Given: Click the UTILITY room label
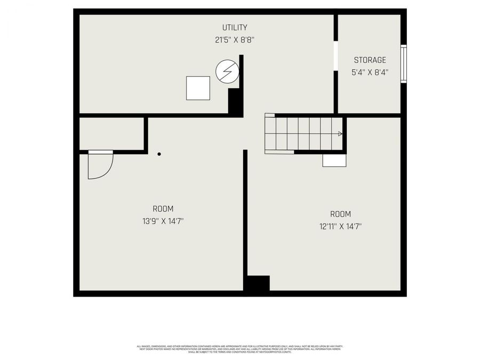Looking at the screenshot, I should click(x=235, y=27).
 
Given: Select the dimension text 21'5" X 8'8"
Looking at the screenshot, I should click(x=235, y=39).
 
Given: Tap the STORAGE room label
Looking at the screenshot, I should click(x=370, y=60).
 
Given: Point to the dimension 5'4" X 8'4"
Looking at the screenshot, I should click(x=370, y=73).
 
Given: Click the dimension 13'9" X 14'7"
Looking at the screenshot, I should click(x=163, y=221).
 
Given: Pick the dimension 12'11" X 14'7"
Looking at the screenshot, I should click(x=340, y=226).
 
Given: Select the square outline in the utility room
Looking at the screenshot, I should click(x=198, y=88).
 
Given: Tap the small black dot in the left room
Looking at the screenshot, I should click(x=159, y=155).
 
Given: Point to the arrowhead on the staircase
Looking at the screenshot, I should click(x=340, y=134).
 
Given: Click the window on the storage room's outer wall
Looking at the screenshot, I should click(x=404, y=64).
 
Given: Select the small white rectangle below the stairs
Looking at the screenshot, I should click(x=334, y=161).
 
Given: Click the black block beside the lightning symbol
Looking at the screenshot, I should click(x=235, y=101).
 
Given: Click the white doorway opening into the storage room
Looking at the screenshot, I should click(x=335, y=55).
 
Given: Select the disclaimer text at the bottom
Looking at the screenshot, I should click(x=240, y=349).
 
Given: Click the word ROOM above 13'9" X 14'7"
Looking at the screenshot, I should click(x=163, y=209).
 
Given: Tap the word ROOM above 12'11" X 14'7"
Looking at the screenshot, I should click(x=340, y=214).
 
